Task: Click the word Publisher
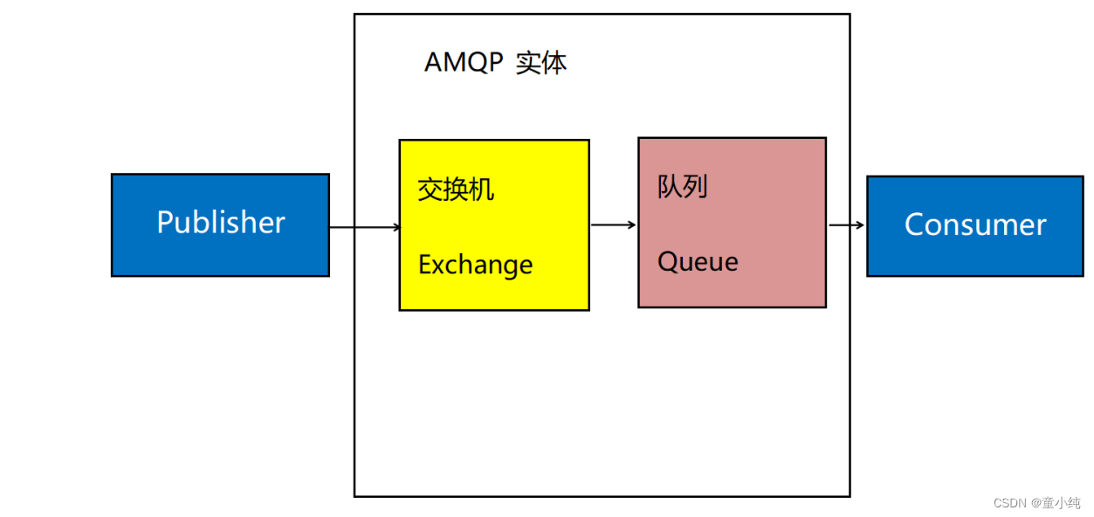[221, 223]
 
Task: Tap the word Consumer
[975, 224]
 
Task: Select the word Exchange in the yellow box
[475, 265]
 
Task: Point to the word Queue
[698, 262]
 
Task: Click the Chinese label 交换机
[456, 190]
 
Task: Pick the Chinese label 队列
[682, 187]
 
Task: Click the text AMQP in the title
[464, 63]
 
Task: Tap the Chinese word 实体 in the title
[541, 63]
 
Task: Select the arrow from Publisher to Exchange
[365, 227]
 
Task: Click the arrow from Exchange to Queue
[614, 224]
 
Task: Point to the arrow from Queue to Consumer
[847, 224]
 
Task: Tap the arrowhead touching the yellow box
[397, 227]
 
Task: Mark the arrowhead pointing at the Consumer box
[861, 224]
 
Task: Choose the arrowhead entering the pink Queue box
[632, 224]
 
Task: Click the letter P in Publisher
[165, 223]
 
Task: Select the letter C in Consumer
[914, 224]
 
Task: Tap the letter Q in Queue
[668, 262]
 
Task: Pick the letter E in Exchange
[425, 265]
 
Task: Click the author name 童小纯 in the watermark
[1062, 503]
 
